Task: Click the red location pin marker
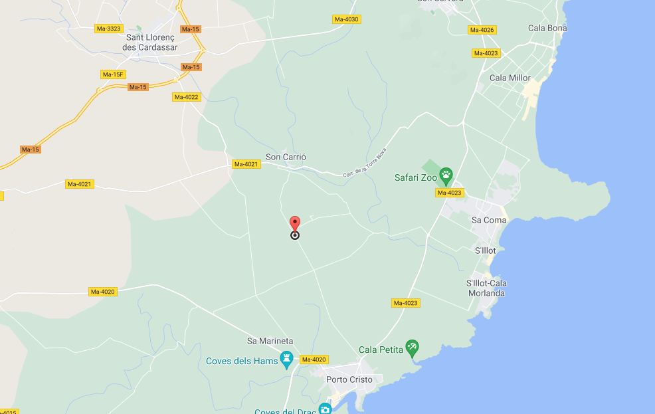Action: click(295, 224)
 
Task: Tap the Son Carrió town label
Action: click(286, 157)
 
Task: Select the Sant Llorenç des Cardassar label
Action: click(152, 43)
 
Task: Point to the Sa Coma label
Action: click(489, 220)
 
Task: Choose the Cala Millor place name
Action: click(510, 78)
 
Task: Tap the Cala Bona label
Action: click(547, 28)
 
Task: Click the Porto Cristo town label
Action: click(349, 379)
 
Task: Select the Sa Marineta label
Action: click(270, 341)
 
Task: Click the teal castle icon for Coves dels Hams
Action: click(287, 360)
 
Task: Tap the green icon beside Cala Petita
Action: click(412, 348)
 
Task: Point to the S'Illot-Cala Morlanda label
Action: click(486, 288)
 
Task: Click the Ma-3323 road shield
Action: click(109, 29)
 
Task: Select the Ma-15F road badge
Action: click(113, 74)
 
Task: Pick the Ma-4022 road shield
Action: click(186, 97)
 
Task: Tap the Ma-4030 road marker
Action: click(346, 19)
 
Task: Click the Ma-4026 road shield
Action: click(482, 30)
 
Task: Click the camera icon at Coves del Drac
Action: click(324, 409)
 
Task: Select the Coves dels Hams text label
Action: click(241, 361)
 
